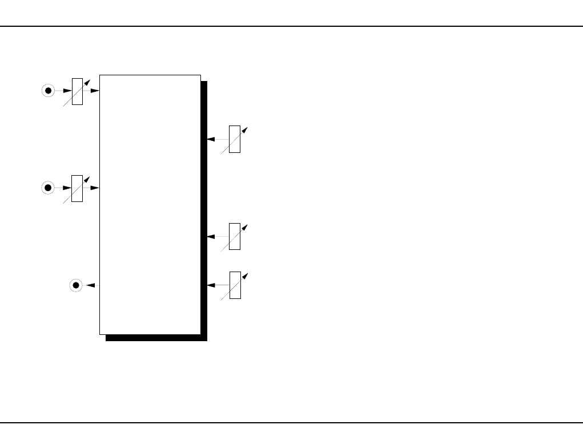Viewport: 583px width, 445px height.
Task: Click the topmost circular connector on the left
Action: (x=49, y=91)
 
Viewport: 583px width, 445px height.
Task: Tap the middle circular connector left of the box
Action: (x=49, y=188)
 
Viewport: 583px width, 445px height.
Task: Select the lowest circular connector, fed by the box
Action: (x=76, y=285)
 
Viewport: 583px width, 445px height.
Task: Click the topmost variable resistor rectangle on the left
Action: (x=77, y=91)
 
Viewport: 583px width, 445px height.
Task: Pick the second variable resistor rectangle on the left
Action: (x=77, y=188)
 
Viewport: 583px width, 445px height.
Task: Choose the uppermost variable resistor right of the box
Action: (x=234, y=139)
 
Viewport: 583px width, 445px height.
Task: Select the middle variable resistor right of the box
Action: (x=234, y=236)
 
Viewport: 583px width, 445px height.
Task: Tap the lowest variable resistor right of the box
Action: (x=235, y=285)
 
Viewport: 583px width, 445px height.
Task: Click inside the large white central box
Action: (x=150, y=204)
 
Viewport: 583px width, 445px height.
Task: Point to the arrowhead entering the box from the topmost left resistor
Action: (x=95, y=91)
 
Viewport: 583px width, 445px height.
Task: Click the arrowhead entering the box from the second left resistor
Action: (x=95, y=188)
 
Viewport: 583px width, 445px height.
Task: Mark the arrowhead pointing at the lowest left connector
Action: (x=90, y=285)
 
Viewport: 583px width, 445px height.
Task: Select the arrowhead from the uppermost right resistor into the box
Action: (x=211, y=139)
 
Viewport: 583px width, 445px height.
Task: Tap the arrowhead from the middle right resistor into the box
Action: (x=211, y=236)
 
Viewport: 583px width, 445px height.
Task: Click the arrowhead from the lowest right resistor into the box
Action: (x=211, y=285)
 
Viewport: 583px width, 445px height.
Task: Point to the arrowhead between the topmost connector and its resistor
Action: (x=67, y=91)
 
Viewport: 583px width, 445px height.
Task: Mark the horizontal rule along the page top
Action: (x=291, y=26)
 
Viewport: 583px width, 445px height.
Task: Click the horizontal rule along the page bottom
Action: (x=291, y=423)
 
